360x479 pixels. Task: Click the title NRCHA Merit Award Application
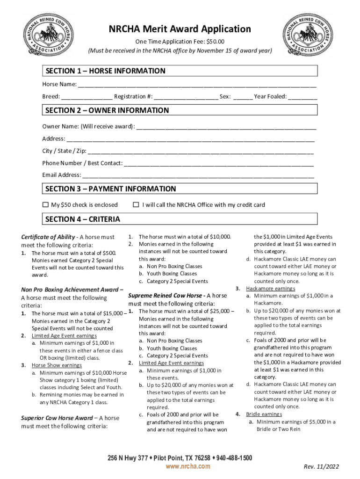click(180, 29)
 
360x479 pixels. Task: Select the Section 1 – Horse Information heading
click(105, 71)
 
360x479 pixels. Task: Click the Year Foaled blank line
click(302, 97)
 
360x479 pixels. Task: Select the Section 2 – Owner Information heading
click(107, 110)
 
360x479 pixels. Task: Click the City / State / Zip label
click(64, 151)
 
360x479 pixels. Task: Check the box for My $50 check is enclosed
click(46, 205)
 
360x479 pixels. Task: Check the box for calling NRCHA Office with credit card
click(136, 205)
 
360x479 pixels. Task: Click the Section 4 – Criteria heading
click(82, 219)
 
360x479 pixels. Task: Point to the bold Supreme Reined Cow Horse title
click(166, 296)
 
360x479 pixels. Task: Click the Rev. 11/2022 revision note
click(321, 467)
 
